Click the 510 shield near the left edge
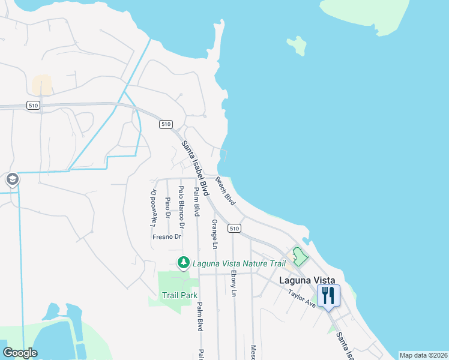point(34,105)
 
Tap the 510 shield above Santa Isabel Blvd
point(166,124)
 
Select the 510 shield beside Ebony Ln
point(234,229)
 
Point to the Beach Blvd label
point(225,191)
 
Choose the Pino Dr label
point(167,207)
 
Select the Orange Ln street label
point(214,233)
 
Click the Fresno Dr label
point(167,237)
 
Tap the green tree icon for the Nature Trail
point(182,262)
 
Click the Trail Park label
point(179,295)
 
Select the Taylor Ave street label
point(301,298)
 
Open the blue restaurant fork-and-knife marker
point(328,296)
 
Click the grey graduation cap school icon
point(11,179)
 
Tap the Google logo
point(20,352)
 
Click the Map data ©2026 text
point(423,355)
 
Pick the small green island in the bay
point(297,44)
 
